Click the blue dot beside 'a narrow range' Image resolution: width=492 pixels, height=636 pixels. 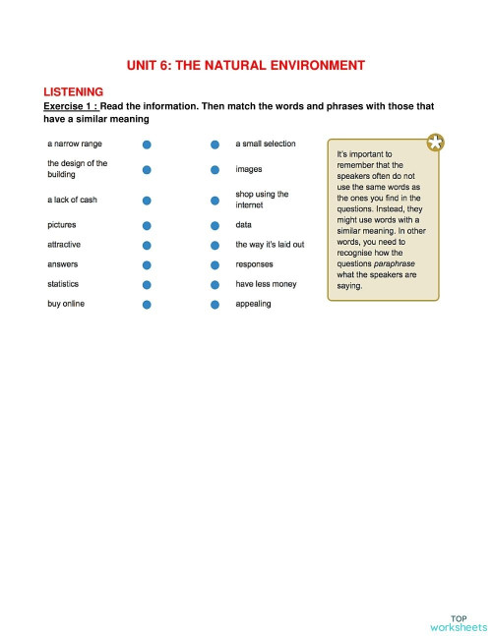coord(146,145)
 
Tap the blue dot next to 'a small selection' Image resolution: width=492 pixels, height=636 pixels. coord(215,145)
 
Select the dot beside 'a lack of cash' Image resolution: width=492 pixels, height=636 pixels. coord(146,201)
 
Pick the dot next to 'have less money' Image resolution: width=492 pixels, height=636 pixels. coord(215,285)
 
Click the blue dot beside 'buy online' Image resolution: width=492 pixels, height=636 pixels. coord(146,305)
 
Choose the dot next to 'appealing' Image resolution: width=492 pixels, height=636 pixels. coord(215,305)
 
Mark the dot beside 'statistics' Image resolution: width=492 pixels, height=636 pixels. coord(146,285)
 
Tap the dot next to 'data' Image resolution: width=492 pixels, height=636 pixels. coord(215,225)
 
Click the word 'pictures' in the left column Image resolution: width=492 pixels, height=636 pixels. coord(62,225)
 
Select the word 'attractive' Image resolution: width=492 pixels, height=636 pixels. coord(64,245)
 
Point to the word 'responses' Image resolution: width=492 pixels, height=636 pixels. coord(254,264)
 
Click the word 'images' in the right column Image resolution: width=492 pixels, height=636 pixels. coord(248,169)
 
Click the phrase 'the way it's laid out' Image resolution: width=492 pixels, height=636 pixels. coord(270,245)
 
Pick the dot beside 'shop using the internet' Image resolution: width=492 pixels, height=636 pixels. coord(215,201)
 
